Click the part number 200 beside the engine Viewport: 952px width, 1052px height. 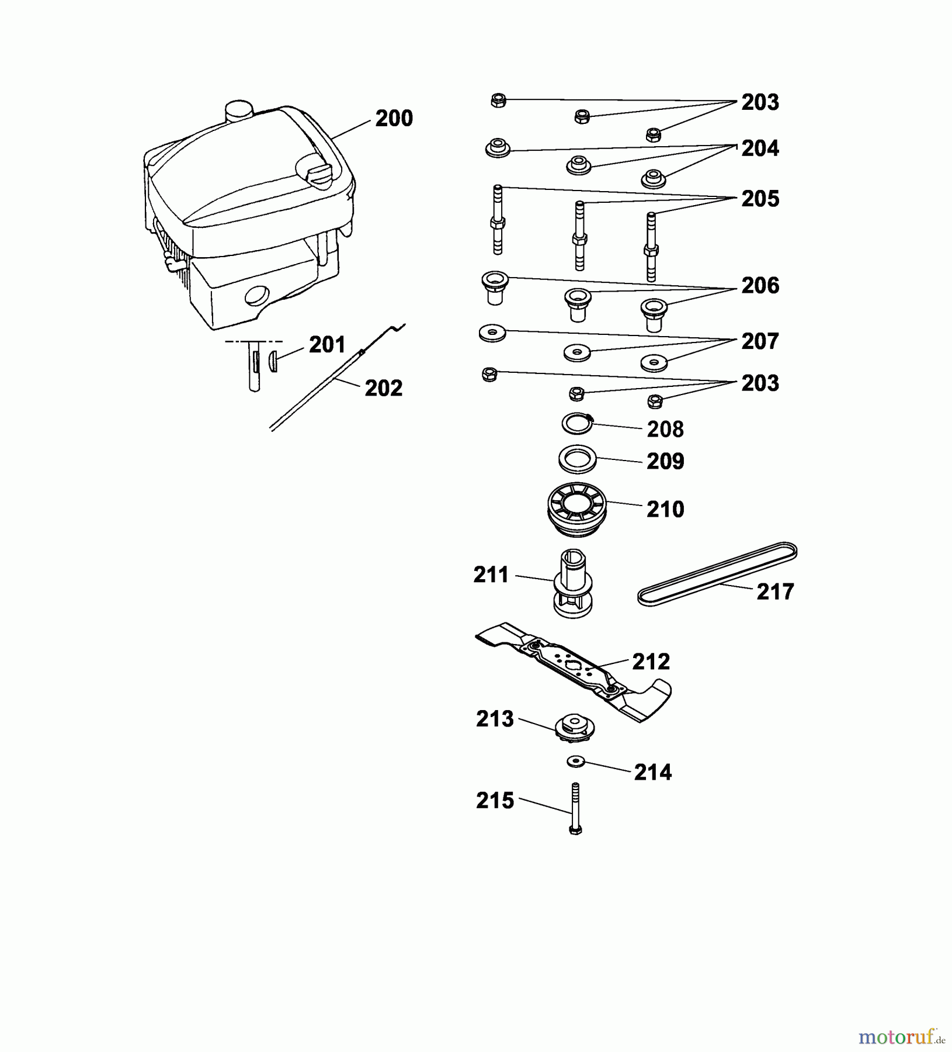pyautogui.click(x=394, y=119)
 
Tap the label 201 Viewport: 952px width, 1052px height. pyautogui.click(x=327, y=345)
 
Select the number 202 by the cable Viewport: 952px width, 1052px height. pyautogui.click(x=384, y=388)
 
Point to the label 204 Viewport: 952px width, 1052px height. pyautogui.click(x=760, y=148)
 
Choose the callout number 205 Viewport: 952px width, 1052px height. pyautogui.click(x=760, y=199)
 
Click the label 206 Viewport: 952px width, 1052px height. pyautogui.click(x=760, y=286)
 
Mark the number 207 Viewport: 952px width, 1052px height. pyautogui.click(x=760, y=341)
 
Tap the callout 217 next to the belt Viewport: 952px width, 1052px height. pyautogui.click(x=775, y=592)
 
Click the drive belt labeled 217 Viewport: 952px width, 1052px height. pyautogui.click(x=718, y=575)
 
